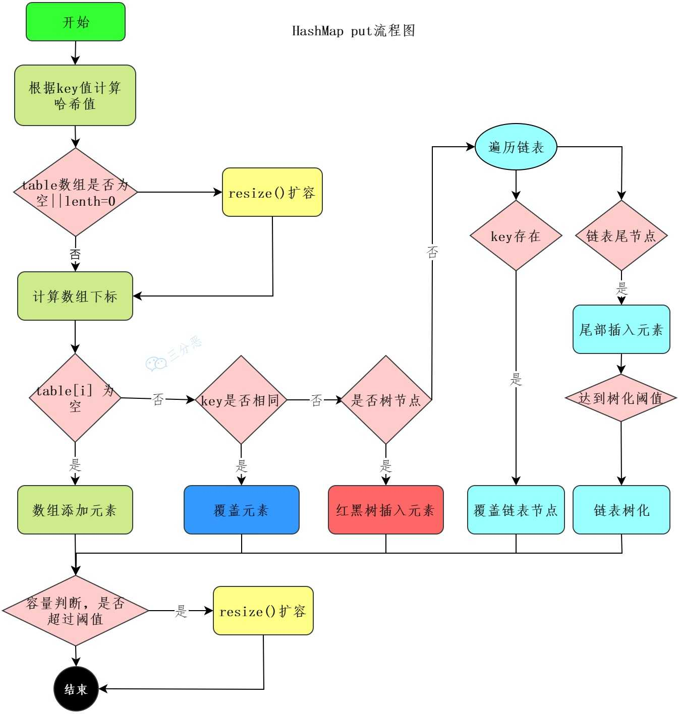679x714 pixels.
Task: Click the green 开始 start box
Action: click(x=76, y=22)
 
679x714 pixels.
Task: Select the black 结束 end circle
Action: click(x=76, y=689)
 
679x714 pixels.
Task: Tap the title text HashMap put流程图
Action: click(x=354, y=31)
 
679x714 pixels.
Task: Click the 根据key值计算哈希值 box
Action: click(x=75, y=95)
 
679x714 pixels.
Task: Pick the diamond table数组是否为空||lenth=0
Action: click(x=75, y=192)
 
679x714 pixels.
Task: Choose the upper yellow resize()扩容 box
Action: click(x=272, y=193)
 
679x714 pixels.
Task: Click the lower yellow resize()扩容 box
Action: click(x=263, y=611)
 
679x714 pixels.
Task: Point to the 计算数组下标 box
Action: click(x=75, y=296)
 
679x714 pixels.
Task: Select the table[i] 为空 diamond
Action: click(x=75, y=398)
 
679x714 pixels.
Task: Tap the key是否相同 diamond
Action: click(x=241, y=400)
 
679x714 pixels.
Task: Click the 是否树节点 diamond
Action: click(x=386, y=400)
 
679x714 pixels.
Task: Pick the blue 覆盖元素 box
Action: click(x=241, y=510)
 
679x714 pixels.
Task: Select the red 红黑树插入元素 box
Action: click(x=385, y=510)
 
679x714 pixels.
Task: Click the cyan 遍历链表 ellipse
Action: click(x=516, y=147)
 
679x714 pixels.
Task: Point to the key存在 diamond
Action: click(x=516, y=235)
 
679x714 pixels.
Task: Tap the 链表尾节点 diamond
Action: click(x=621, y=235)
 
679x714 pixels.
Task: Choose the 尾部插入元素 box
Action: click(x=621, y=329)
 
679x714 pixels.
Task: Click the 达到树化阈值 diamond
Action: click(x=620, y=398)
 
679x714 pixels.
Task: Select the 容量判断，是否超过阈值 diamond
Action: click(x=75, y=611)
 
